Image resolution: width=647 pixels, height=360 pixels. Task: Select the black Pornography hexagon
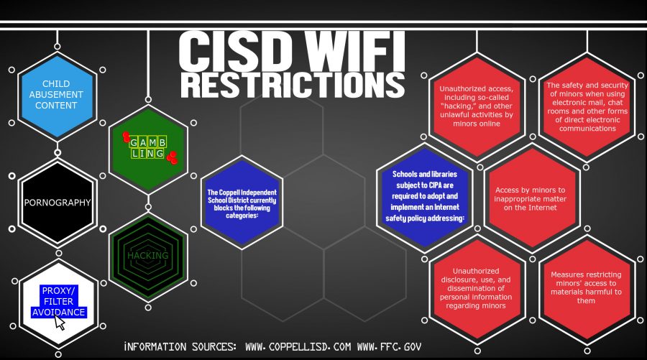(58, 202)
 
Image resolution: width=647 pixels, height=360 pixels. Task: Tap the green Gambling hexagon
(148, 149)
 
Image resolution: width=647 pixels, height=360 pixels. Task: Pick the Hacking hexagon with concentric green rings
(148, 256)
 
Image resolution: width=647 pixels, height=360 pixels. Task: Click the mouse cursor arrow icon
(60, 322)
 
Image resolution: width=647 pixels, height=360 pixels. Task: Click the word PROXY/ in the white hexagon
(58, 291)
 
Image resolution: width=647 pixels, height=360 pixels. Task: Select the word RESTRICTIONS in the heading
(293, 85)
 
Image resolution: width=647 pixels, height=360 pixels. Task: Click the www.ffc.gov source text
(389, 347)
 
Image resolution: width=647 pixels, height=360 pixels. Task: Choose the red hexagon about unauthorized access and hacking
(477, 106)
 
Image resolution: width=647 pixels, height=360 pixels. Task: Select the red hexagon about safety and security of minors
(587, 106)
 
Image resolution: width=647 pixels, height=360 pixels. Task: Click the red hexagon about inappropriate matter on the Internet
(531, 199)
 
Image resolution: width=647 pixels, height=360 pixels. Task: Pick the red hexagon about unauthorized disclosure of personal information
(477, 289)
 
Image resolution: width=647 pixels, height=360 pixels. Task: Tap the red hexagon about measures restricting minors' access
(587, 289)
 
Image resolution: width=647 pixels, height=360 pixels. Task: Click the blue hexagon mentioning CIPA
(425, 197)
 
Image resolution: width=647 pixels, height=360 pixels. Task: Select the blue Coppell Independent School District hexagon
(242, 203)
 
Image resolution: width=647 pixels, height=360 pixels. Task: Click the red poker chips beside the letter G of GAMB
(126, 137)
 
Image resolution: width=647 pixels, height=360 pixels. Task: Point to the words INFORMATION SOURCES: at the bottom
(180, 347)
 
